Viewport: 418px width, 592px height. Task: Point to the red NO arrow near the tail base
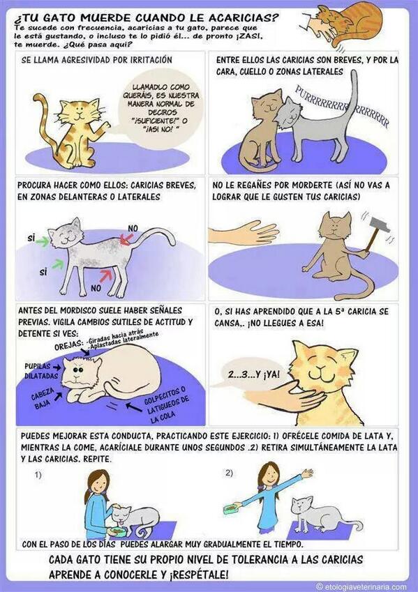[x=126, y=239]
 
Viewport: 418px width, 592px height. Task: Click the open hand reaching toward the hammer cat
[x=243, y=233]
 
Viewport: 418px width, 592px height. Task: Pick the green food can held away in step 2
[x=230, y=510]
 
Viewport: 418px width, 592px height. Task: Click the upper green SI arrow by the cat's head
[x=43, y=241]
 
